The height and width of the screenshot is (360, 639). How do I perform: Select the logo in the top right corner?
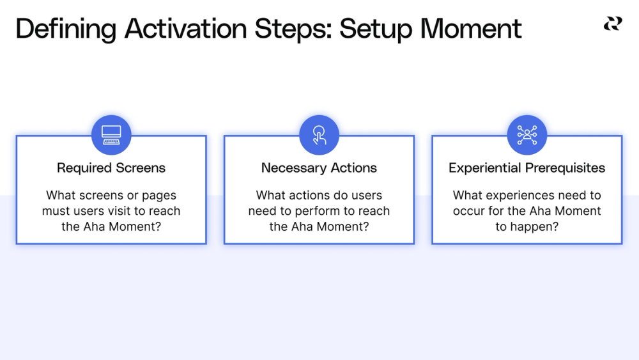pos(612,24)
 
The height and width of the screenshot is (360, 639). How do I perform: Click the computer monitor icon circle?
pos(111,135)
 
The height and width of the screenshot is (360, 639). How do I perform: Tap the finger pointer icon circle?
pos(319,135)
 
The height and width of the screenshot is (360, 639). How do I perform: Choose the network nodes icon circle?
pos(527,135)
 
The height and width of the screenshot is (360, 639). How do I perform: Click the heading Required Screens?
pos(111,168)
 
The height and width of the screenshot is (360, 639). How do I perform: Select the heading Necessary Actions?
pos(319,168)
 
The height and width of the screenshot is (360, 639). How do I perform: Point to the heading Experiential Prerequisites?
pos(527,168)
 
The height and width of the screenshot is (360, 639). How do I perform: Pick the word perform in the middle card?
pos(312,211)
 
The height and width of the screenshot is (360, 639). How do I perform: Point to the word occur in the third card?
pos(469,211)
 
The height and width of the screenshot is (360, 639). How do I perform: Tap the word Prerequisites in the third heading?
pos(566,168)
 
